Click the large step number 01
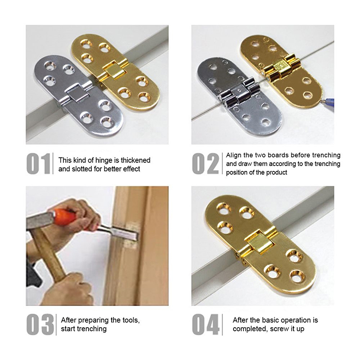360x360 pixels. pyautogui.click(x=38, y=163)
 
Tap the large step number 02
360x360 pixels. pyautogui.click(x=206, y=163)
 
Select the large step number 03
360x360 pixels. pyautogui.click(x=40, y=324)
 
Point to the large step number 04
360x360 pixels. pyautogui.click(x=206, y=324)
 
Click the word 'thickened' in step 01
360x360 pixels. pyautogui.click(x=135, y=160)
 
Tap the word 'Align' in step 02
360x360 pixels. pyautogui.click(x=234, y=155)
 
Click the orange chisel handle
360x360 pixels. pyautogui.click(x=64, y=216)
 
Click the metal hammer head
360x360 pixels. pyautogui.click(x=40, y=220)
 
